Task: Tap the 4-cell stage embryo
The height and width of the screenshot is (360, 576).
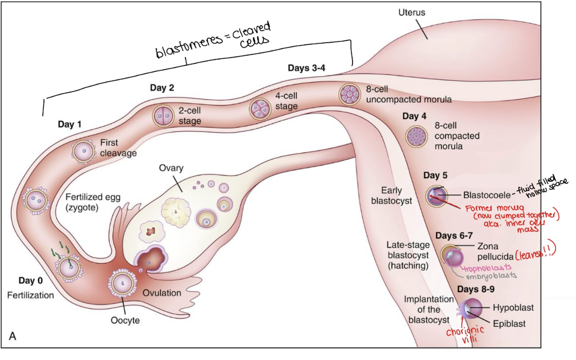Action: (260, 109)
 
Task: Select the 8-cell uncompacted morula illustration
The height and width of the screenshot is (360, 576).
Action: (349, 94)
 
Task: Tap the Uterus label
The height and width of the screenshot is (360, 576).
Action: (412, 12)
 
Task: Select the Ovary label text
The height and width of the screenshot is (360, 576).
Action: (171, 168)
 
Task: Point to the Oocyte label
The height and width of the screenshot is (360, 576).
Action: (125, 320)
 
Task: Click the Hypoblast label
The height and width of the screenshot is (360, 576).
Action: (513, 307)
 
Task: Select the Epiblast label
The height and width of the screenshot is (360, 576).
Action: (509, 323)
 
